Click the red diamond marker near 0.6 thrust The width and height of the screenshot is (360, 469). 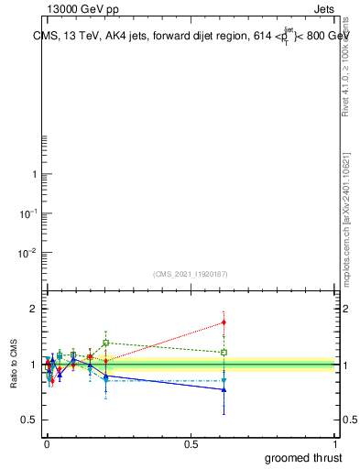(224, 322)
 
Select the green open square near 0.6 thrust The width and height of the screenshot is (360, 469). (224, 352)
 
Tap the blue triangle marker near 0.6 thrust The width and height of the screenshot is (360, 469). (224, 389)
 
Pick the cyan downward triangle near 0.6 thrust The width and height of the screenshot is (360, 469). (224, 380)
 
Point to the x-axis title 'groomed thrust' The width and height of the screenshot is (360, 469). (303, 458)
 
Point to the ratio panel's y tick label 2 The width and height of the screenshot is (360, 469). (33, 310)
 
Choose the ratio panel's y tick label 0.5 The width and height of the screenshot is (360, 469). (27, 420)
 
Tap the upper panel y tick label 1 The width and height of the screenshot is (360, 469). (34, 175)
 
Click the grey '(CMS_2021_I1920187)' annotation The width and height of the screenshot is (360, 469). (191, 274)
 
